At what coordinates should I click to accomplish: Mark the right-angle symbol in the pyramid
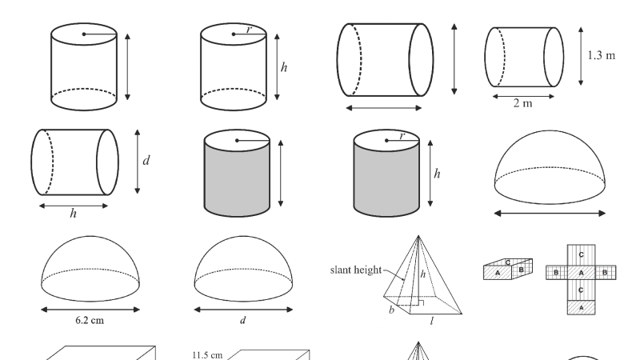coord(420,305)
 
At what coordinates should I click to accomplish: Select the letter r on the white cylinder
coord(249,30)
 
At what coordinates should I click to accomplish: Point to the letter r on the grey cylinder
coord(402,137)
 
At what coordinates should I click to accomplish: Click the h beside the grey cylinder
coord(437,172)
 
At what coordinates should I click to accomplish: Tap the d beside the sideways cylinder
coord(146,160)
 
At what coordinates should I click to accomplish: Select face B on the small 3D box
coord(521,270)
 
